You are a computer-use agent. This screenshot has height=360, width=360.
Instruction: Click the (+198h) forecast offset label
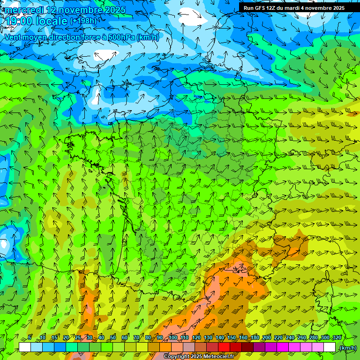click(x=83, y=21)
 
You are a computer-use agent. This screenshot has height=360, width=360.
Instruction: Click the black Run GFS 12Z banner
click(x=294, y=8)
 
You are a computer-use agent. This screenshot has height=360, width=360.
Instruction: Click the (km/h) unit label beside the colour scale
click(x=348, y=348)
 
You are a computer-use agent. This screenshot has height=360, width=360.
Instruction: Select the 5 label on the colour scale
click(x=30, y=338)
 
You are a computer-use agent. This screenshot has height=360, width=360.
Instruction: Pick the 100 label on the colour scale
click(x=173, y=338)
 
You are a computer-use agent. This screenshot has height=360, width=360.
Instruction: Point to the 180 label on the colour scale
click(x=255, y=338)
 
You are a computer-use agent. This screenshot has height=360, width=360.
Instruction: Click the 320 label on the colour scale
click(x=337, y=338)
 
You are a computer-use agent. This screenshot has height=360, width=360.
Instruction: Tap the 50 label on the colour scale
click(x=113, y=338)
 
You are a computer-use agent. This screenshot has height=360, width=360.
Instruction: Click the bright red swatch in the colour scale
click(x=224, y=347)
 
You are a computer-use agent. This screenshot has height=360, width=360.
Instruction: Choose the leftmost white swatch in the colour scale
click(x=25, y=347)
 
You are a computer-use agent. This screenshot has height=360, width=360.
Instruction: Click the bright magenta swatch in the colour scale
click(x=283, y=347)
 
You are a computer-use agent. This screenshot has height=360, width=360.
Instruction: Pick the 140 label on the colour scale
click(x=220, y=338)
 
